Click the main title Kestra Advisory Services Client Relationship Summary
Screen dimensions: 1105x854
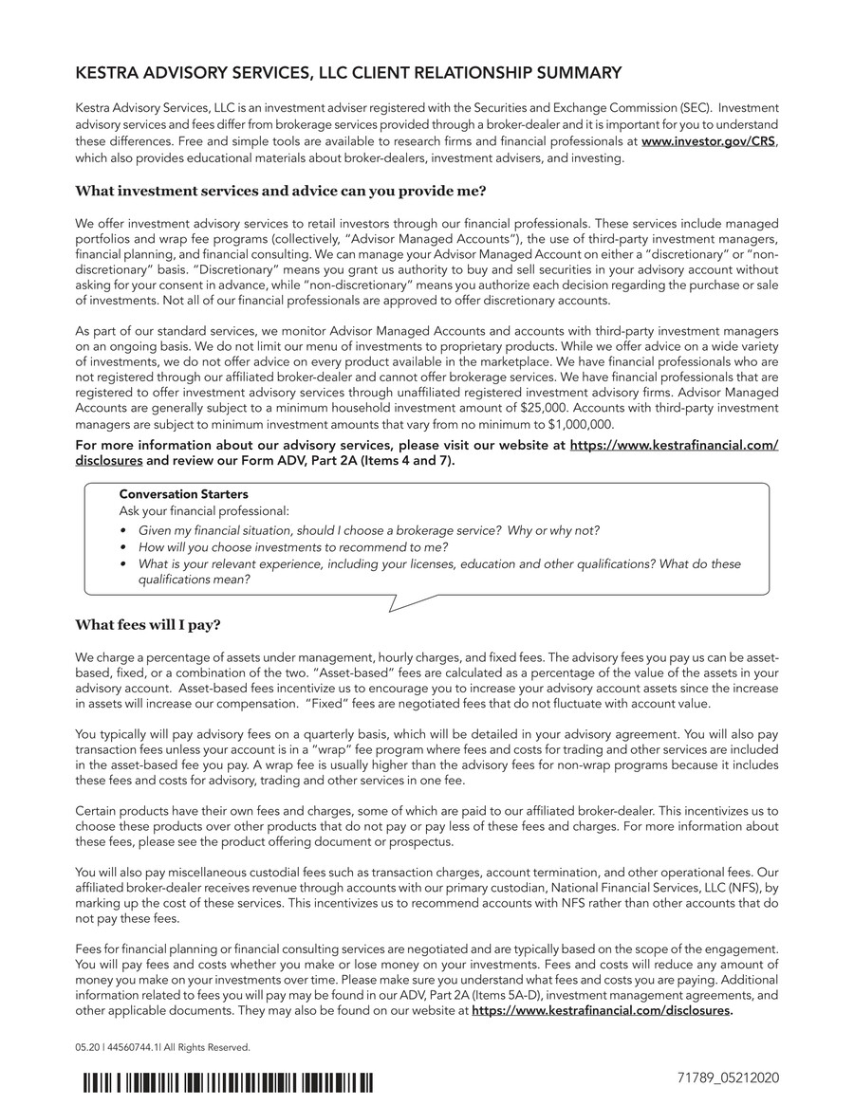coord(348,73)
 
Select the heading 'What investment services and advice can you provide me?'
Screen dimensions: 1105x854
coord(280,191)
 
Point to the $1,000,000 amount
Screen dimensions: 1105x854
coord(581,424)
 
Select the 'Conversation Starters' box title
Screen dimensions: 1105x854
coord(183,494)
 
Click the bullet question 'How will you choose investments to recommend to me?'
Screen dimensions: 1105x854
coord(292,546)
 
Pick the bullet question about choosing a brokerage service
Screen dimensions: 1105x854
coord(368,529)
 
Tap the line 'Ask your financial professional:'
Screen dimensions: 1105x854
coord(204,510)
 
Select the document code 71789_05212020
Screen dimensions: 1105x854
coord(724,1079)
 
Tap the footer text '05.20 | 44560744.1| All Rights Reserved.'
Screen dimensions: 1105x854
coord(162,1047)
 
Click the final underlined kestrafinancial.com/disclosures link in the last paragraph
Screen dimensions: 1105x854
coord(601,1011)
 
